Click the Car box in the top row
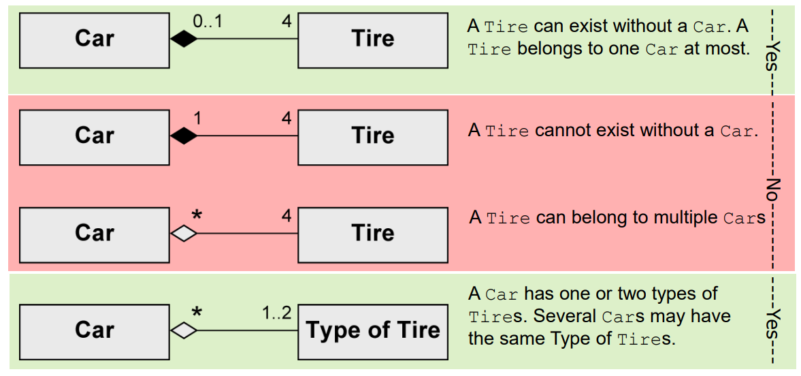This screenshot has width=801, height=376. [94, 39]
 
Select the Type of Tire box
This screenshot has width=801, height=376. [373, 331]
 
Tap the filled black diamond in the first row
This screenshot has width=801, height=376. [183, 40]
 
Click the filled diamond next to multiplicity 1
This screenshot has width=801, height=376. [183, 137]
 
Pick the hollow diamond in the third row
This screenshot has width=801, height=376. [183, 234]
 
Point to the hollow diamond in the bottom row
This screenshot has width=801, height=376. [183, 331]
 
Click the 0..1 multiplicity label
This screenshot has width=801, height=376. [208, 22]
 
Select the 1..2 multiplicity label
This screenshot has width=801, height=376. [276, 313]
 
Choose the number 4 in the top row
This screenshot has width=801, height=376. [286, 22]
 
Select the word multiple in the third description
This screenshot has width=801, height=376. [685, 218]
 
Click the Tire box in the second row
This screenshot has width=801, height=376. [373, 136]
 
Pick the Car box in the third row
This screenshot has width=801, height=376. [94, 234]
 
